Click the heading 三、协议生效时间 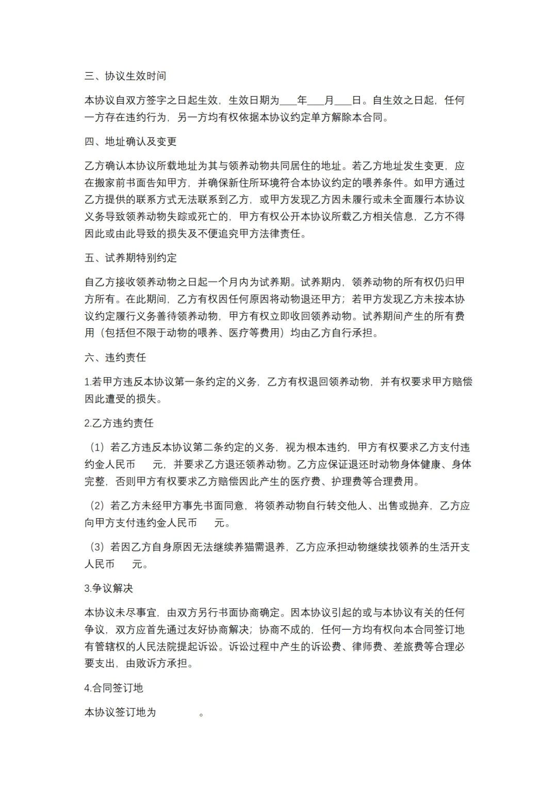125,76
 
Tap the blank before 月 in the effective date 316,101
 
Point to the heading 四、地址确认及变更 130,141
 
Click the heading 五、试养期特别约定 130,258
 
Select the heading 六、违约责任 115,358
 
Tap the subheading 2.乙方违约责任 119,423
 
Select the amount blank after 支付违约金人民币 206,523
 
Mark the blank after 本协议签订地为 177,712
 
